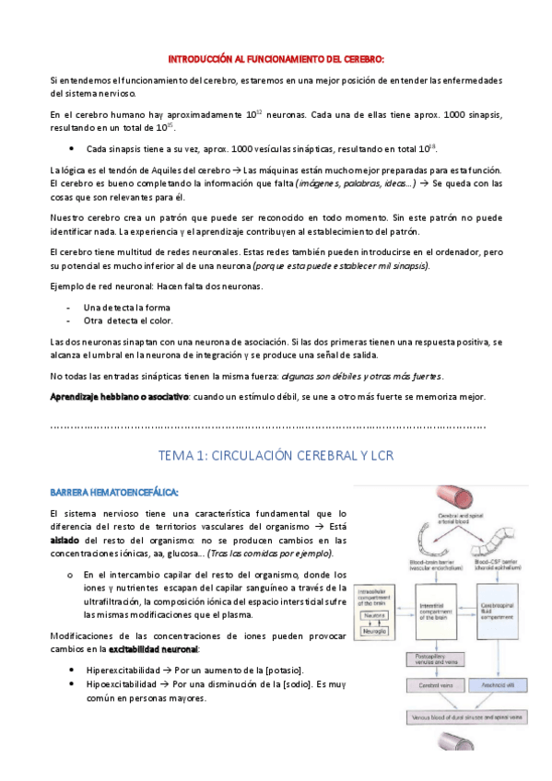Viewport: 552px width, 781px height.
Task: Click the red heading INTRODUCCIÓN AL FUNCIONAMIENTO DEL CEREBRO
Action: click(x=276, y=58)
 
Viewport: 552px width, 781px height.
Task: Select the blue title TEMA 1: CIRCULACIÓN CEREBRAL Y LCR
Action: click(x=276, y=454)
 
